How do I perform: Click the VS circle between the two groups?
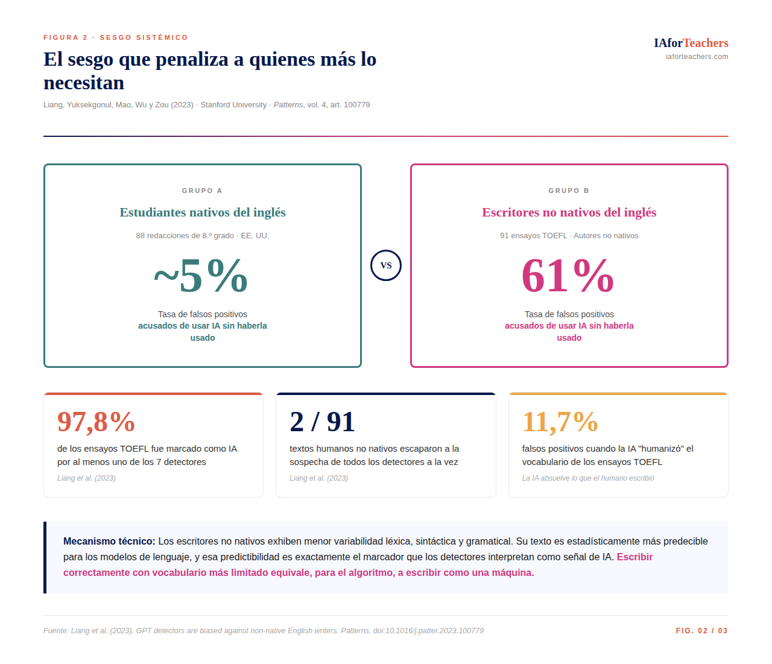point(386,265)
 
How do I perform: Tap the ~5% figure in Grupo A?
point(201,276)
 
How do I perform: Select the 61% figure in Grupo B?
point(568,276)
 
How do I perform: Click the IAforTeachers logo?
point(691,43)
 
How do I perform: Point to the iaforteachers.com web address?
point(697,57)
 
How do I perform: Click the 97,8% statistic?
point(96,422)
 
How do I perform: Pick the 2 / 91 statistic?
point(322,422)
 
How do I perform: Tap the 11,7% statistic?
point(560,422)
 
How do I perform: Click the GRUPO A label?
point(202,191)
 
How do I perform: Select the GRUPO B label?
point(569,191)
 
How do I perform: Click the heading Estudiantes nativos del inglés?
point(203,212)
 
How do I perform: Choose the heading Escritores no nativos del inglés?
point(569,212)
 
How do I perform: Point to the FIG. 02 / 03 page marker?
point(701,631)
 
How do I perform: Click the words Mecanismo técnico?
point(109,542)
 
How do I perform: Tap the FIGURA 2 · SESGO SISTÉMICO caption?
point(116,37)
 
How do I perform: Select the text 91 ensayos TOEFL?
point(534,236)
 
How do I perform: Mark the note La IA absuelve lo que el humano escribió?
point(588,478)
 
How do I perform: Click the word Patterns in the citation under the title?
point(288,105)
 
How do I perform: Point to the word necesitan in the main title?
point(84,83)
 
